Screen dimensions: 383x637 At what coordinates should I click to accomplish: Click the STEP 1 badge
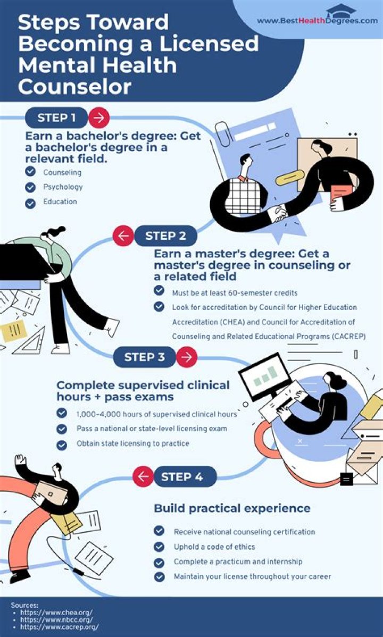(56, 118)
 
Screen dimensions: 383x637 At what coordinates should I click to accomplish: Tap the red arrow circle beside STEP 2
(123, 236)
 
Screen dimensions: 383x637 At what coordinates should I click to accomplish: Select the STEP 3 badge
(144, 357)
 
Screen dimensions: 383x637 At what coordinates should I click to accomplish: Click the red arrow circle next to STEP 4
(143, 476)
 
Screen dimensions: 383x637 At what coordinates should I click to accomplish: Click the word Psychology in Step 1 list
(63, 187)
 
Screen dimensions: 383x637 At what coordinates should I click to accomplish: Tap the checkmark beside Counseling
(30, 172)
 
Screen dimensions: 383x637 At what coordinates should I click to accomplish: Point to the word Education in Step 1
(60, 202)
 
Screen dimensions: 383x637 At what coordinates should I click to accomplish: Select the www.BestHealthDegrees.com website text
(317, 21)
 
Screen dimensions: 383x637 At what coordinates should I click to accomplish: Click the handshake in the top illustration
(279, 213)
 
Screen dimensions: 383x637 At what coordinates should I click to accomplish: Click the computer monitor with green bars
(265, 379)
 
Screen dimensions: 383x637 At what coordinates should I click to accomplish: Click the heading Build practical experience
(232, 508)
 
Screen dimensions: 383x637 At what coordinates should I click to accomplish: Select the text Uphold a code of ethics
(215, 547)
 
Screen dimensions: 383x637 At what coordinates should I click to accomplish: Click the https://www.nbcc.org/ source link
(56, 619)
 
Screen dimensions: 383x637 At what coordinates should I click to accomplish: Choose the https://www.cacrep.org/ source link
(60, 627)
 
